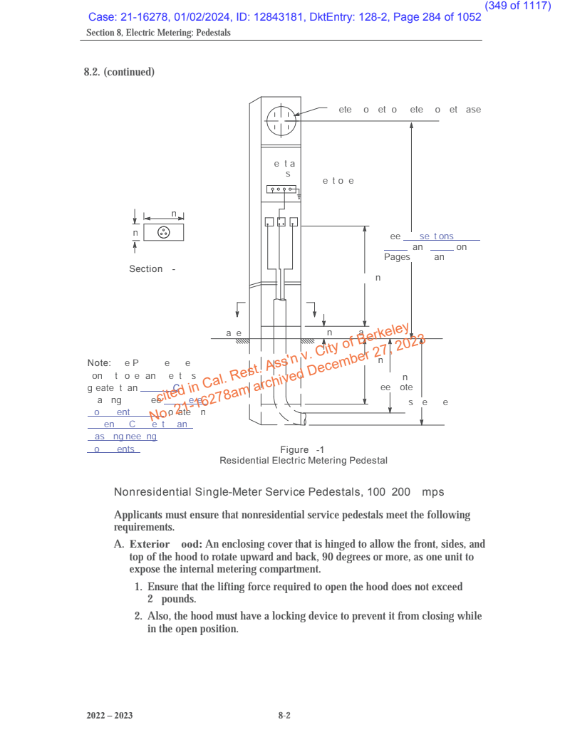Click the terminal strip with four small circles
[281, 189]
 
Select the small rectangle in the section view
[164, 232]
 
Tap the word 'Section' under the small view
[146, 269]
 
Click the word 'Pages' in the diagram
[397, 257]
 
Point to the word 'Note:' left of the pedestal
[99, 363]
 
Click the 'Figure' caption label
[294, 450]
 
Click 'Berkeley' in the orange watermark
[386, 337]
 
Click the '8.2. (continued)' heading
[119, 72]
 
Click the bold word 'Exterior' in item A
[150, 544]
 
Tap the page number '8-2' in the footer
[284, 716]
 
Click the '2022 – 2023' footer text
[110, 716]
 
